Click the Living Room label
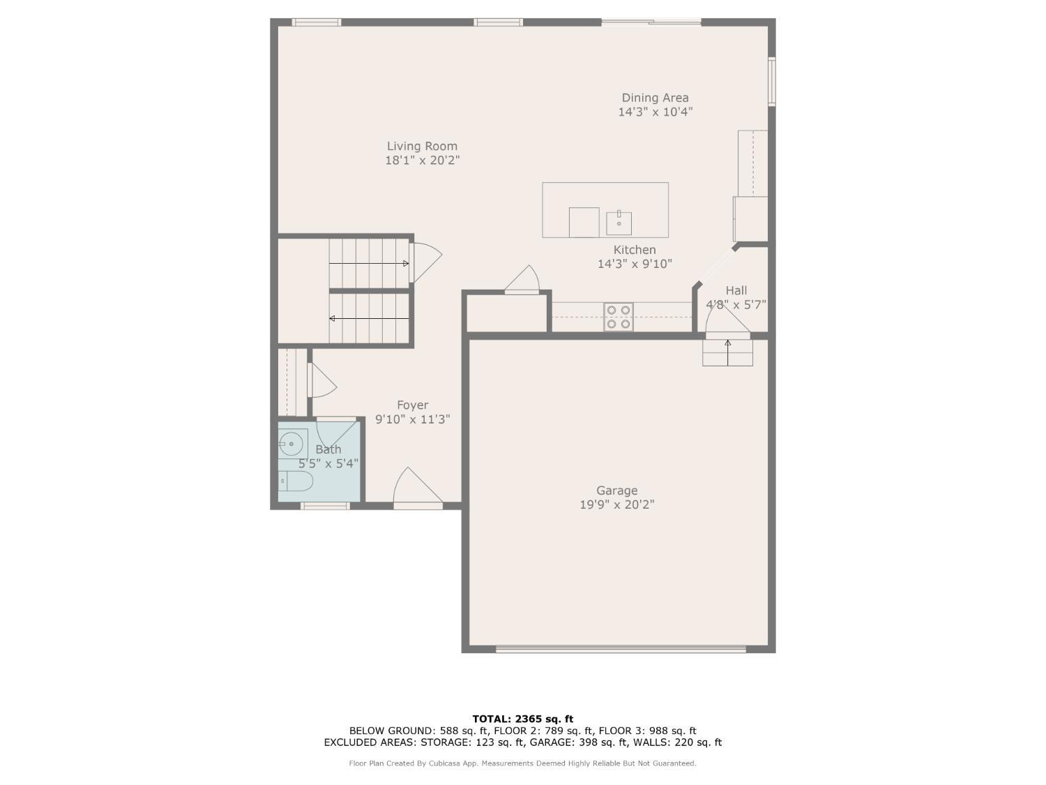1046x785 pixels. tap(422, 146)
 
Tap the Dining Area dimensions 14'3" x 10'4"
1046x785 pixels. tap(655, 112)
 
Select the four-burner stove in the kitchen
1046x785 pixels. tap(619, 317)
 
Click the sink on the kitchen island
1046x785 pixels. tap(619, 223)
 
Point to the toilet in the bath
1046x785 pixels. tap(296, 481)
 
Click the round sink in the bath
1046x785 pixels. tap(291, 442)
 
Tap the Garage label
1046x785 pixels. tap(616, 491)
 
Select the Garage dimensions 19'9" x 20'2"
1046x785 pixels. tap(616, 504)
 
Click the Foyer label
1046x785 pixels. tap(412, 405)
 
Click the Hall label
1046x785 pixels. tap(736, 290)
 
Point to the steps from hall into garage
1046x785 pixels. tap(727, 353)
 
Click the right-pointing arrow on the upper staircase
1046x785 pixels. tap(405, 263)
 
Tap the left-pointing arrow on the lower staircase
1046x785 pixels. tap(333, 318)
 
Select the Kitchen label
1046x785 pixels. tap(634, 250)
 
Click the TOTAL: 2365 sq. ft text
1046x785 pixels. tap(522, 719)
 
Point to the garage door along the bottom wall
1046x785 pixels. tap(620, 649)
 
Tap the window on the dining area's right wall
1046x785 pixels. tap(771, 81)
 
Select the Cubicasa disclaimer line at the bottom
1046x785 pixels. tap(522, 763)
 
